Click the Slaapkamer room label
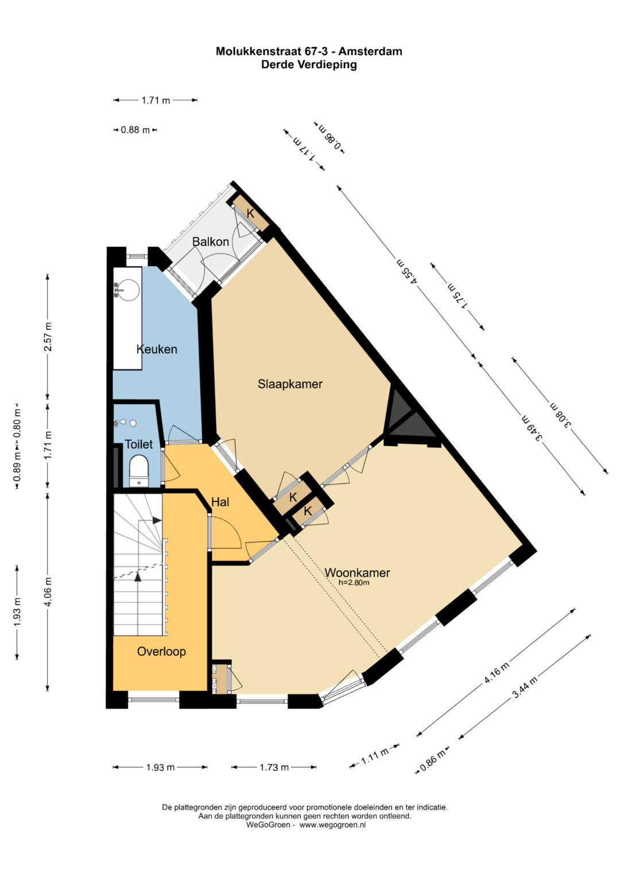tap(290, 384)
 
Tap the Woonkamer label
tap(357, 573)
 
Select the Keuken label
tap(157, 349)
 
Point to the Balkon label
tap(211, 242)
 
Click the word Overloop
tap(161, 651)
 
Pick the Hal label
tap(220, 502)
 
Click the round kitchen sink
tap(128, 290)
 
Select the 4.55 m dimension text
tap(408, 270)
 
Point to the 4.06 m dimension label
tap(48, 591)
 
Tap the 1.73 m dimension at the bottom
tap(274, 767)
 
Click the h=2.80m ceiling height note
tap(354, 583)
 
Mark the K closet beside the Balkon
tap(250, 213)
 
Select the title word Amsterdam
tap(370, 51)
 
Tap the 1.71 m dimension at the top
tap(156, 100)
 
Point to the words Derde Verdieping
tap(309, 64)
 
